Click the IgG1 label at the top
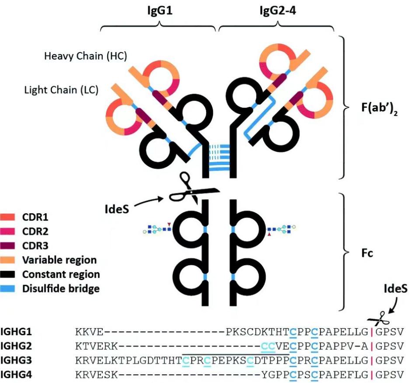[x=160, y=11]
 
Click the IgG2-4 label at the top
[x=275, y=11]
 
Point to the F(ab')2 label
[x=374, y=108]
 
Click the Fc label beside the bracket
[x=367, y=253]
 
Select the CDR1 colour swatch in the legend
[x=10, y=217]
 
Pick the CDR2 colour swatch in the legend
[x=10, y=232]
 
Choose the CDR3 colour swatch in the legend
[x=10, y=246]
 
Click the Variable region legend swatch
[x=10, y=260]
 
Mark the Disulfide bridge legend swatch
[x=10, y=289]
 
